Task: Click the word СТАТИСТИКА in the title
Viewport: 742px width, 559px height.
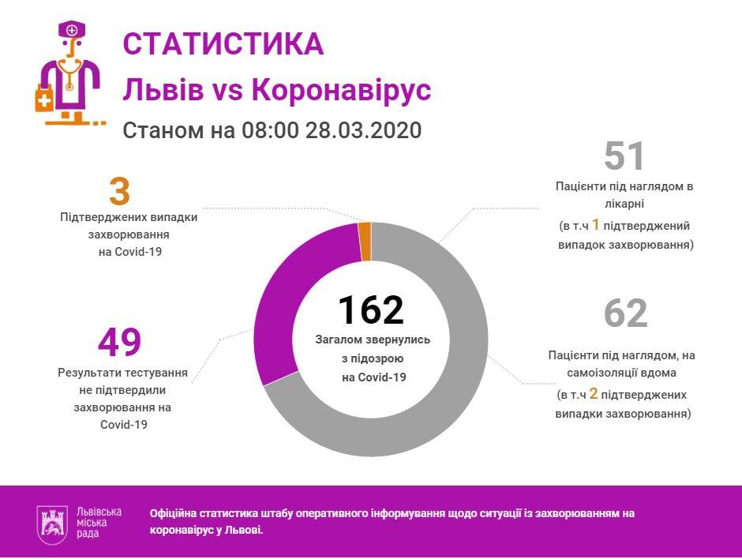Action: tap(223, 44)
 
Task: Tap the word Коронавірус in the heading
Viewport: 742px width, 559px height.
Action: tap(340, 90)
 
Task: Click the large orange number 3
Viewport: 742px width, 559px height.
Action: tap(119, 193)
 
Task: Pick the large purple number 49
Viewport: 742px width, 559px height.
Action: tap(119, 342)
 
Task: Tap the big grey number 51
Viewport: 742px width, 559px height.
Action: tap(624, 156)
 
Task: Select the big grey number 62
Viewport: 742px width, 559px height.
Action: tap(625, 313)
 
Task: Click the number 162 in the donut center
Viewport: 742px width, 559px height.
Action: tap(371, 310)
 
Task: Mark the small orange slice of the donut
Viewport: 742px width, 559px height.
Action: tap(365, 241)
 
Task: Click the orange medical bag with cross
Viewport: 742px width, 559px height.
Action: tap(44, 101)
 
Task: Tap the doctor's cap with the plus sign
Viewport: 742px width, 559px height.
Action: tap(73, 31)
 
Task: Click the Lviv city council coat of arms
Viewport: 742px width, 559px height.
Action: tap(54, 523)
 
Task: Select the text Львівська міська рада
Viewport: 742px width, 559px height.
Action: tap(99, 523)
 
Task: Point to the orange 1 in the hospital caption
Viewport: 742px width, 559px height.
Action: tap(596, 226)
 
